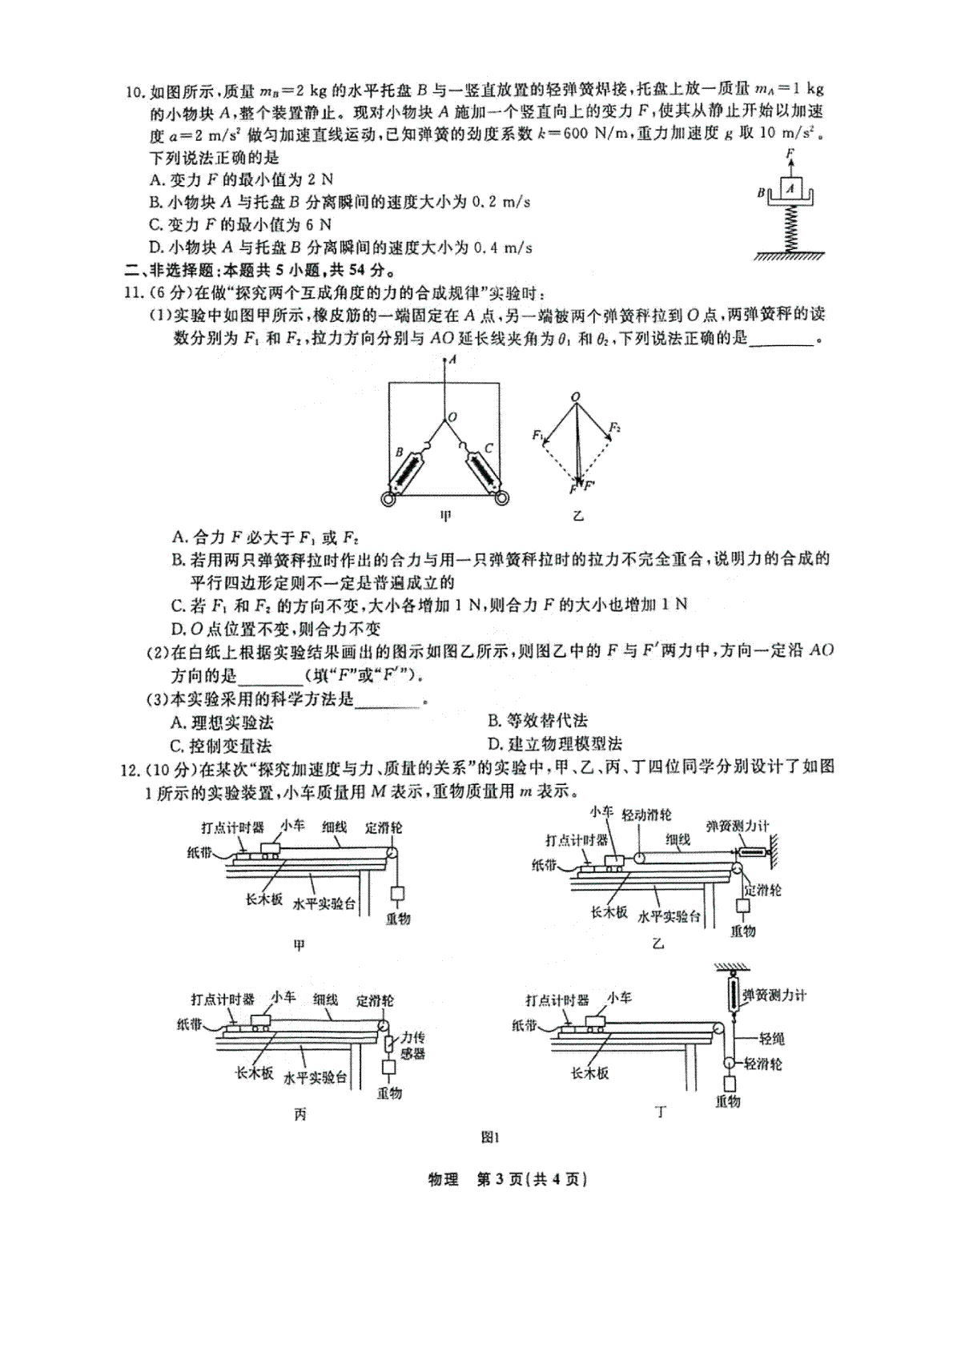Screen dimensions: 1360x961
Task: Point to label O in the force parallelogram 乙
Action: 575,396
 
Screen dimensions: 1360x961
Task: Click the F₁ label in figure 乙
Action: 537,435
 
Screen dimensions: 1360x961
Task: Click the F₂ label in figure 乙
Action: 614,428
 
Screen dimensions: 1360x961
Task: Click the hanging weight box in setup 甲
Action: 398,895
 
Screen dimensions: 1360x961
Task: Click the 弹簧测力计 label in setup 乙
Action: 738,825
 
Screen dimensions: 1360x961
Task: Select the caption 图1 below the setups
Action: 489,1137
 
